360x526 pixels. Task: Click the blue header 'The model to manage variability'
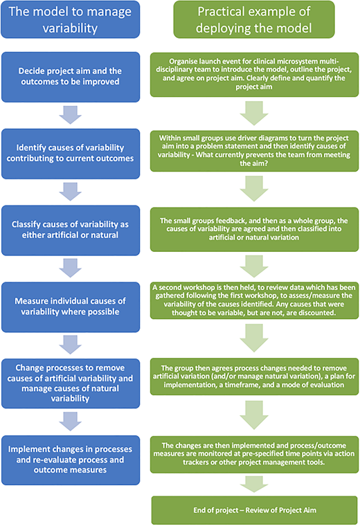click(71, 19)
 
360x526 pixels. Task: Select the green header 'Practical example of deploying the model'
click(254, 19)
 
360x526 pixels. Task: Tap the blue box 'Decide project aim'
click(71, 77)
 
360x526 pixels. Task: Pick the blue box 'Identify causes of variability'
click(71, 154)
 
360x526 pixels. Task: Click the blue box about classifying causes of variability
click(71, 230)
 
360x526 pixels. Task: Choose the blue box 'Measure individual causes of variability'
click(71, 307)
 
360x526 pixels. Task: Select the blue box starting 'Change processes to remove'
click(71, 383)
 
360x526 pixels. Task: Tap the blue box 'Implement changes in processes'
click(71, 460)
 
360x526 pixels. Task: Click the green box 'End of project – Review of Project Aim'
click(255, 510)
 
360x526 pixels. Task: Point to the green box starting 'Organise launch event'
click(254, 75)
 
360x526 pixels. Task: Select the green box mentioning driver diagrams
click(254, 151)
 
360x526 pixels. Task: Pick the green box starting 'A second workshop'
click(254, 300)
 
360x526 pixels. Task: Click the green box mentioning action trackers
click(254, 454)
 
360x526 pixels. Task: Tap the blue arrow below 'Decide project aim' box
click(70, 115)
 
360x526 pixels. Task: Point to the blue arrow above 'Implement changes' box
click(70, 421)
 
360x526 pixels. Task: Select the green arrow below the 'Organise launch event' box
click(254, 113)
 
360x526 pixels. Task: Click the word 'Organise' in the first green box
click(182, 62)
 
